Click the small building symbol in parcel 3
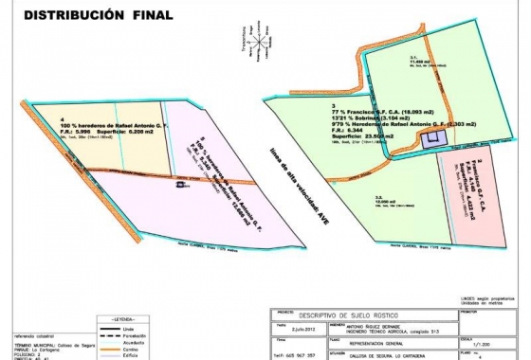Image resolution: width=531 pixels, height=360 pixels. coord(435,138)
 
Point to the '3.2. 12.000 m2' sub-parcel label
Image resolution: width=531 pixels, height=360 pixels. coord(379,201)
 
